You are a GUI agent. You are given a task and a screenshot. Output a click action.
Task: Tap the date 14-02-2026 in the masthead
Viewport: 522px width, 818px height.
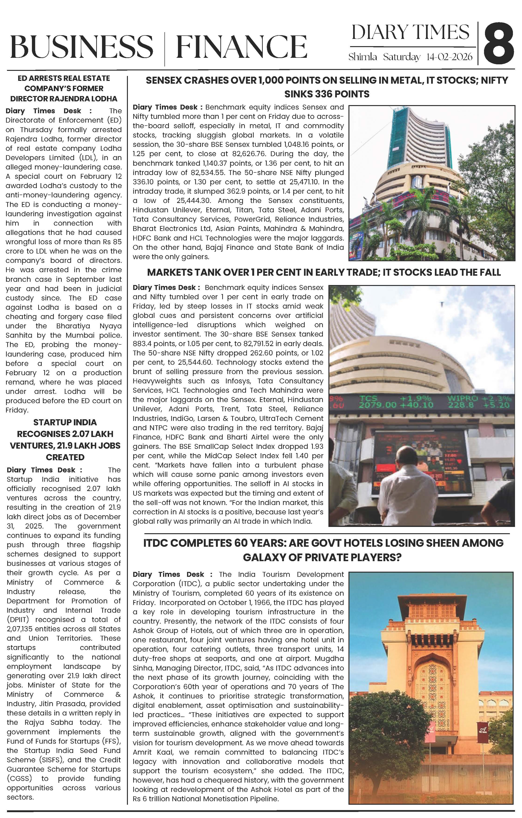click(x=449, y=57)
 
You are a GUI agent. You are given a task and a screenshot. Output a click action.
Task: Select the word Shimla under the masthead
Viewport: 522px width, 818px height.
click(x=363, y=57)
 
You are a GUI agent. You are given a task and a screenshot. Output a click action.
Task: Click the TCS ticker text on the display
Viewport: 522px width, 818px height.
click(x=368, y=398)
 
